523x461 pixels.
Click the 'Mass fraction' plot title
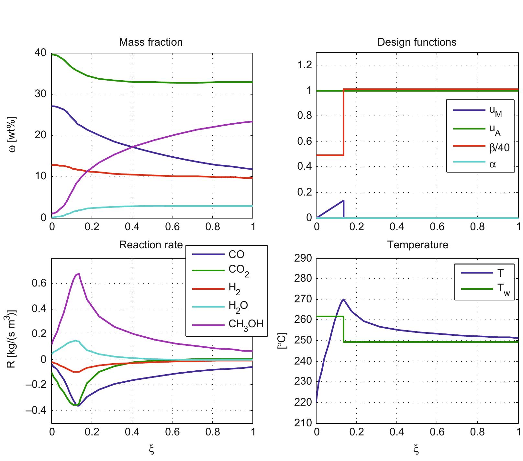point(151,42)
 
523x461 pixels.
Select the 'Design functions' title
point(417,42)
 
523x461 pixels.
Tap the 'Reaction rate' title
point(151,245)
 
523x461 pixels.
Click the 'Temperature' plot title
point(417,245)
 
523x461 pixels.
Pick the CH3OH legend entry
point(246,324)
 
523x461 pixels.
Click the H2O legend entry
point(238,306)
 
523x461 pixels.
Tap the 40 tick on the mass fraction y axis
point(40,53)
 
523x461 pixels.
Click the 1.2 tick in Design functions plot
point(304,65)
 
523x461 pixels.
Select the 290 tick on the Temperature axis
point(303,258)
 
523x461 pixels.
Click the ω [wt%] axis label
point(12,135)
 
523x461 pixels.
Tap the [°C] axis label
point(282,340)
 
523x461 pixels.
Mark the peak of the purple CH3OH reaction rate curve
point(78,274)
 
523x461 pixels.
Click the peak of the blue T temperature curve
point(343,299)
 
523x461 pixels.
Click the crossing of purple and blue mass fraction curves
point(132,147)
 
